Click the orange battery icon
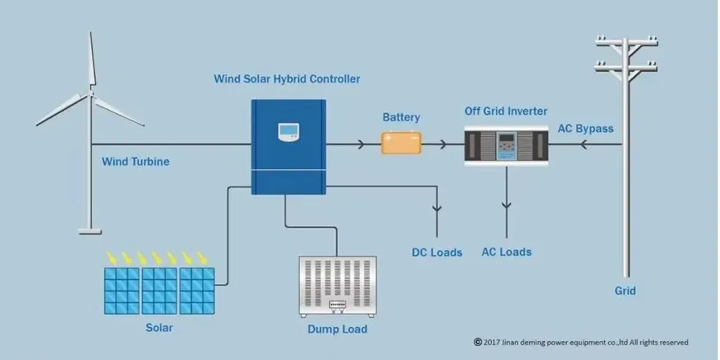(401, 143)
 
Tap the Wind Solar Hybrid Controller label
(287, 78)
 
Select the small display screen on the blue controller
(288, 133)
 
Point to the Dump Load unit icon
(337, 286)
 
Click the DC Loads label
(436, 252)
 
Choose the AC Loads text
(506, 251)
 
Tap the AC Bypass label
(585, 128)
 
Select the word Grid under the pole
(625, 291)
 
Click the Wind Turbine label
(136, 162)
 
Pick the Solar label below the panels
(159, 328)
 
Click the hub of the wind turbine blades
(91, 94)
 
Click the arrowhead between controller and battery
(362, 143)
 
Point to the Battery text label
(401, 118)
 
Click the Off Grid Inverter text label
(506, 112)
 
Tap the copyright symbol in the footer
(478, 342)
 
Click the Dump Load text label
(337, 329)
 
